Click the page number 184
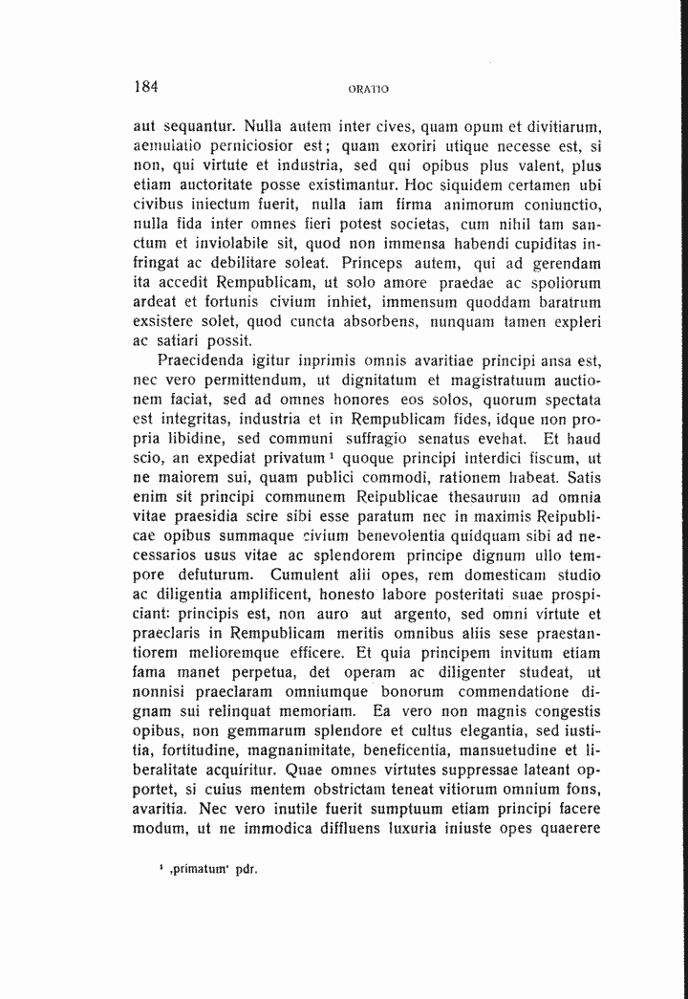click(146, 85)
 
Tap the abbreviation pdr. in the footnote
click(247, 872)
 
